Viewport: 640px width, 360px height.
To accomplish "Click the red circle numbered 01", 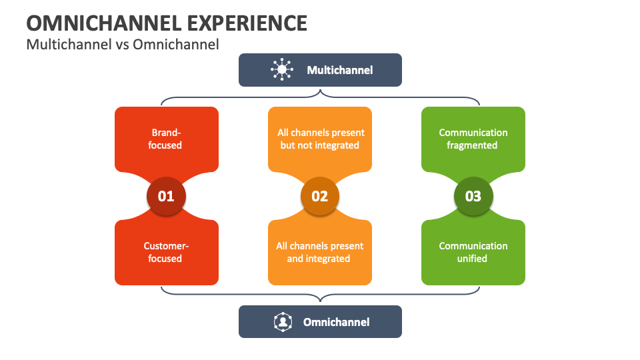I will click(x=166, y=196).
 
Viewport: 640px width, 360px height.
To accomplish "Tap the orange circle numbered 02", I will click(x=320, y=196).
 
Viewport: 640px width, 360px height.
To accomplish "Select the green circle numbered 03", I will click(x=473, y=196).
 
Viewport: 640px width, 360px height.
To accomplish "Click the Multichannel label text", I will click(x=339, y=70).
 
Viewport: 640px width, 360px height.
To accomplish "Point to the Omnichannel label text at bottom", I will click(x=336, y=322).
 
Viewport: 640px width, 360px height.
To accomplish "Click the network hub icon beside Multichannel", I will click(x=282, y=70).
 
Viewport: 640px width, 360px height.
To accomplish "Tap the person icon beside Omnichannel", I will click(x=283, y=322).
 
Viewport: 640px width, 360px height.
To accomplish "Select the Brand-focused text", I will click(x=166, y=139).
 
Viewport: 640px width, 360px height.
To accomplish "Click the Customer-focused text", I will click(x=166, y=252).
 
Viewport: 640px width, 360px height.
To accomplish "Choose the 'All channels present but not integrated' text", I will click(x=321, y=139).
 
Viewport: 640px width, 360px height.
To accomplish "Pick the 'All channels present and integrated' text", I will click(x=320, y=252).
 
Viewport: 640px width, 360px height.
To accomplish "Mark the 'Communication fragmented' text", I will click(x=473, y=139).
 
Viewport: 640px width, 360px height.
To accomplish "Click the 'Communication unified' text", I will click(x=473, y=252).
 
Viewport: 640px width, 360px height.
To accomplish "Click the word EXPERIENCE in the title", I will click(x=245, y=23).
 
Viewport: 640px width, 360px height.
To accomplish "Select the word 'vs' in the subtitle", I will click(x=122, y=45).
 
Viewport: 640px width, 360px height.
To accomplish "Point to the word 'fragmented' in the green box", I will click(x=473, y=145).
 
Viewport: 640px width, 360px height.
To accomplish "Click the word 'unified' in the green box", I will click(x=473, y=259).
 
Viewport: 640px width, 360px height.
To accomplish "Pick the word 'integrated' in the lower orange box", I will click(x=328, y=259).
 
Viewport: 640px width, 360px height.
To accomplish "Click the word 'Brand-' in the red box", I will click(x=166, y=133).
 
